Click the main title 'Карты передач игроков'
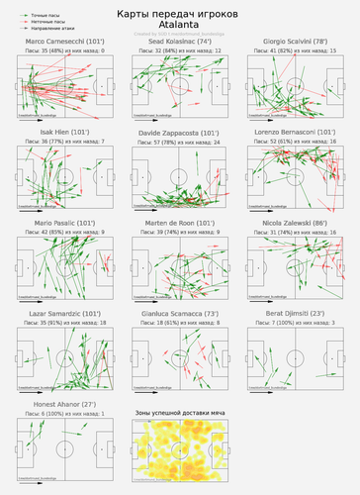(x=180, y=13)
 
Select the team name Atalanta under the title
(x=180, y=24)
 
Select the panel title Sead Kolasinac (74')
(x=179, y=42)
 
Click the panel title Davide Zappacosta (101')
(x=179, y=132)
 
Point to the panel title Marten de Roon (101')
(x=179, y=223)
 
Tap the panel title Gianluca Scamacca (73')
(x=179, y=313)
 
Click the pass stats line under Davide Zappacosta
(x=179, y=142)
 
